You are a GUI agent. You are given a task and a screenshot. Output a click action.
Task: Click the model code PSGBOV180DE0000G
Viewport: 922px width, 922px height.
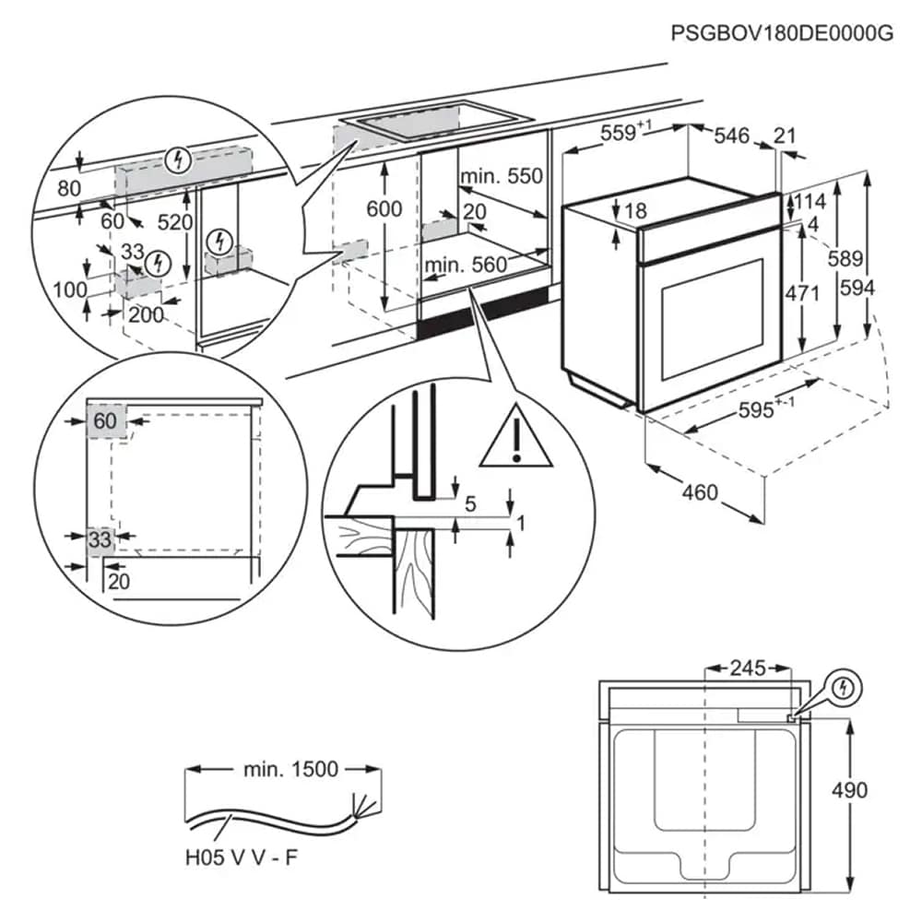point(782,34)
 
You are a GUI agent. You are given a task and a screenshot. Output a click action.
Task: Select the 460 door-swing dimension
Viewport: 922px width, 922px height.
point(700,492)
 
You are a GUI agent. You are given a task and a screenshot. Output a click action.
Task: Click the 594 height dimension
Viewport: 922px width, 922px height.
point(857,288)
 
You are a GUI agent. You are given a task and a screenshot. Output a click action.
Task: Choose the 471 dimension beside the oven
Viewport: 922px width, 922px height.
point(802,294)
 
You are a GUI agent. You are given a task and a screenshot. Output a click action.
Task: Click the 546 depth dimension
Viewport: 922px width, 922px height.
point(732,136)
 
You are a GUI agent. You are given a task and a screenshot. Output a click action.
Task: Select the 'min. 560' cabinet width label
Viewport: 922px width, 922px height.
point(467,266)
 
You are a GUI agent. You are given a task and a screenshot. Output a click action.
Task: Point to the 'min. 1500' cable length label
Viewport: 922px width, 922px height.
point(291,768)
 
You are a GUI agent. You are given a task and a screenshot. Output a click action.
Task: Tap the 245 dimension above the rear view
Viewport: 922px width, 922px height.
point(748,668)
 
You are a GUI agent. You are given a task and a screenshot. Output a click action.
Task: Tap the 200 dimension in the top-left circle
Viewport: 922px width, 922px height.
point(146,315)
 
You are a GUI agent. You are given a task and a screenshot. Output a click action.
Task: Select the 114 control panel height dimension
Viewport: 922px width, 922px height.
point(811,202)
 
